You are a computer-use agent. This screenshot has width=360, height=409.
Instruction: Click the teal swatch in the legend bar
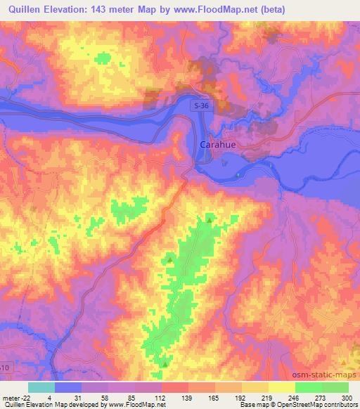[x=41, y=387]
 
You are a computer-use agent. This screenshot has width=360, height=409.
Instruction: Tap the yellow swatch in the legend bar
[x=281, y=387]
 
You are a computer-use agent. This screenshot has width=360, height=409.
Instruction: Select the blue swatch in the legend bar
[x=68, y=387]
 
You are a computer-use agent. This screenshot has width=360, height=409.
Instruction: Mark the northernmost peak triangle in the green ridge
[x=210, y=221]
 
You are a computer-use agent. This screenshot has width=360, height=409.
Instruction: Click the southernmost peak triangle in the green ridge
[x=165, y=364]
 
